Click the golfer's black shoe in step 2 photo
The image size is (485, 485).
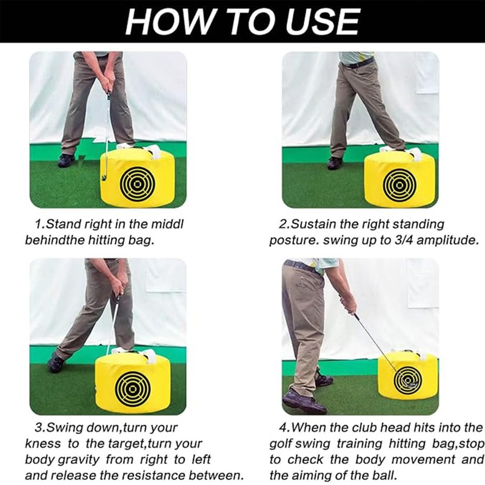tap(335, 162)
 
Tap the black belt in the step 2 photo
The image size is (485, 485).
tap(358, 62)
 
